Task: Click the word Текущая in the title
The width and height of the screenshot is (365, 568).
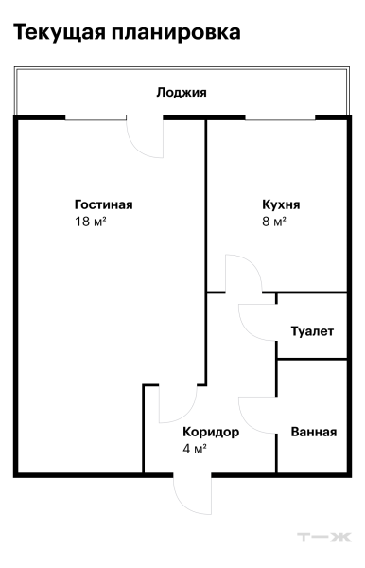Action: [60, 32]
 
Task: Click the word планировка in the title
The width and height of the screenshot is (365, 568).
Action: [176, 32]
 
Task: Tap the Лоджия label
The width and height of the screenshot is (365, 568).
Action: [182, 93]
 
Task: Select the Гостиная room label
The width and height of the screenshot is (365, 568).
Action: [103, 204]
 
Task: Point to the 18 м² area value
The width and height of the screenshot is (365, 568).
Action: [91, 222]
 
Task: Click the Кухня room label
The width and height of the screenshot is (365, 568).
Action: [281, 204]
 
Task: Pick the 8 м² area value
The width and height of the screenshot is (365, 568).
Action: [274, 222]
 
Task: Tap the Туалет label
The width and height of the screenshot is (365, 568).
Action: [312, 331]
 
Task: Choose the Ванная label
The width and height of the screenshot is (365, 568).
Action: [314, 432]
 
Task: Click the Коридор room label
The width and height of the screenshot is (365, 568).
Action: [211, 432]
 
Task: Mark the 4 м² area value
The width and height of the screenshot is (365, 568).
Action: [195, 449]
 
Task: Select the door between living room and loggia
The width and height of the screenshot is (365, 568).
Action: [136, 147]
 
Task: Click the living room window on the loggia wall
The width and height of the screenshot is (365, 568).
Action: [96, 117]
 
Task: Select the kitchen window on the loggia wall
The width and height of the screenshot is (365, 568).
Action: [280, 117]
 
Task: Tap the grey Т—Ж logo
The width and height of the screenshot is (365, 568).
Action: [324, 537]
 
